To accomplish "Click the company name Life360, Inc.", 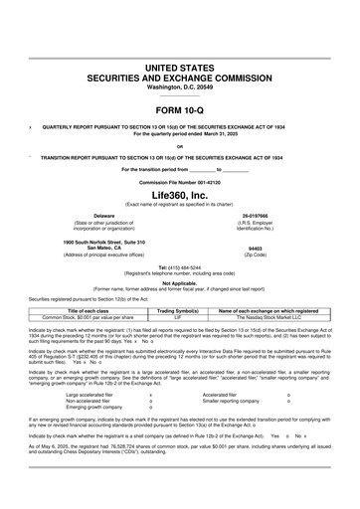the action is (x=180, y=197).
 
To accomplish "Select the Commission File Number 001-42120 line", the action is (x=180, y=184).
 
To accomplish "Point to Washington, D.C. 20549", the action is (x=180, y=86).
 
